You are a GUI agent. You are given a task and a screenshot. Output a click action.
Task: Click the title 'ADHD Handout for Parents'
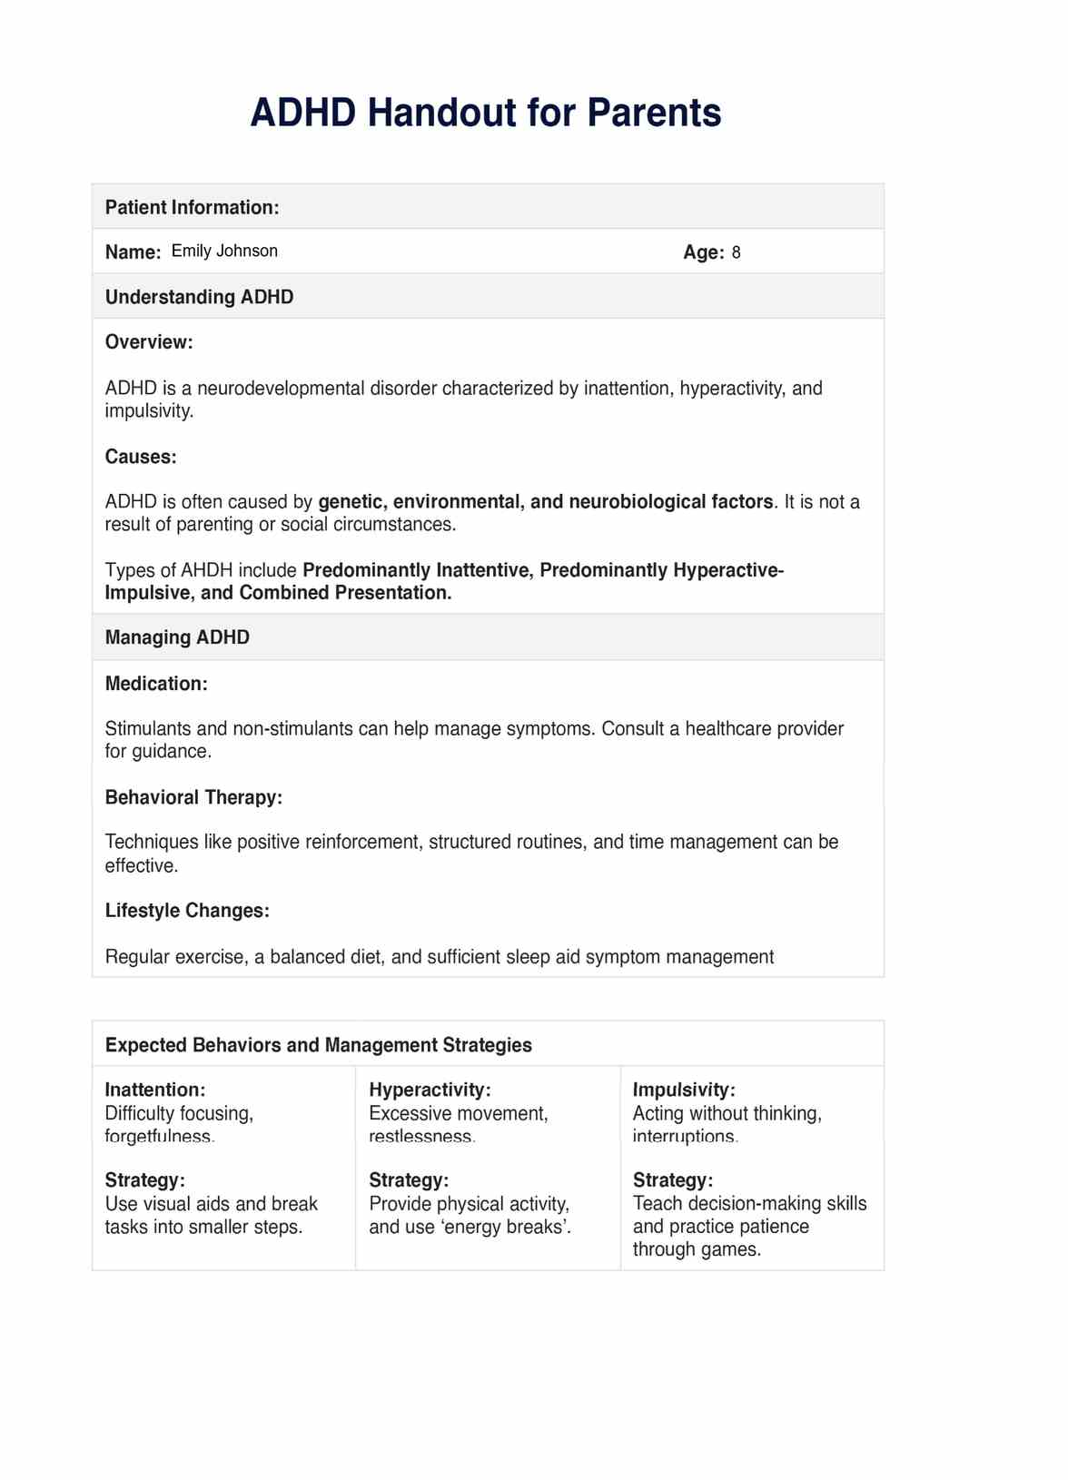click(485, 113)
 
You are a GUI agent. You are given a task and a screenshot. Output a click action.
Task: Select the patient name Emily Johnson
click(224, 252)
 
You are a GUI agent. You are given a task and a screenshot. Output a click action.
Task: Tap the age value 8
click(736, 252)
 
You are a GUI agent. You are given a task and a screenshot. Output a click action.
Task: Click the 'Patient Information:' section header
click(192, 207)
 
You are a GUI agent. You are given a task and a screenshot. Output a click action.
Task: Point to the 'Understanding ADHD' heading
click(199, 297)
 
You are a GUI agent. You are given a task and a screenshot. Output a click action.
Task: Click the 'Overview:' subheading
click(149, 342)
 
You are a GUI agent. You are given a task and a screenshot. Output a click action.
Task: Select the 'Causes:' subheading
click(141, 457)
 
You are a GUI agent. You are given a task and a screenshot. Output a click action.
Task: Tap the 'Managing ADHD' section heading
click(177, 637)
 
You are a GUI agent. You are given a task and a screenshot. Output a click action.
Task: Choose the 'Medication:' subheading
click(156, 684)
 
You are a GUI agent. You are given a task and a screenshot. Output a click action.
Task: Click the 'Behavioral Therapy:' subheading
click(193, 797)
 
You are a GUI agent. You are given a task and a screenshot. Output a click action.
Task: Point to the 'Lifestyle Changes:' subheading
click(187, 911)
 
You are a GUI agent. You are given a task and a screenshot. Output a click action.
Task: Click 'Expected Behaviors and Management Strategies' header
click(318, 1045)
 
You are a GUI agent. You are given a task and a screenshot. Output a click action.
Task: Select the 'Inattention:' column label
click(155, 1090)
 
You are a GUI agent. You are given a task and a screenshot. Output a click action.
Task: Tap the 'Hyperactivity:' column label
click(430, 1090)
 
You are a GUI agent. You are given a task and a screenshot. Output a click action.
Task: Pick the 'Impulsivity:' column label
click(684, 1090)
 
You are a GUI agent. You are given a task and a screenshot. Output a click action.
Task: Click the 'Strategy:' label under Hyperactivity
click(409, 1180)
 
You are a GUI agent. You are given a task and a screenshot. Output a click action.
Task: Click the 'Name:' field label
click(133, 252)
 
